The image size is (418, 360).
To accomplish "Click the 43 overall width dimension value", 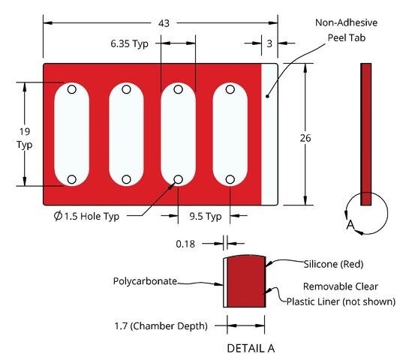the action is click(164, 23).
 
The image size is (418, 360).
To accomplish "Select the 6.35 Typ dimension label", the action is click(130, 43).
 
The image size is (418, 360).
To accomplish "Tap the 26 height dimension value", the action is click(305, 138).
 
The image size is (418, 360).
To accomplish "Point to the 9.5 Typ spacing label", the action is click(206, 216).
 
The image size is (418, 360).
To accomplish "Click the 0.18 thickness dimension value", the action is click(185, 244).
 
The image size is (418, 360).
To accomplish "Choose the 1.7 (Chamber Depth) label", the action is click(161, 326).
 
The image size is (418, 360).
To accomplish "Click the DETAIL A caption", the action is click(251, 348).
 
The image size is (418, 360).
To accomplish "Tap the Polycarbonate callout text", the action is click(145, 281).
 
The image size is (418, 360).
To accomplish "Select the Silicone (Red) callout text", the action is click(333, 264).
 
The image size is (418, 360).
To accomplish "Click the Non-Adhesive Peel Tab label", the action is click(346, 30).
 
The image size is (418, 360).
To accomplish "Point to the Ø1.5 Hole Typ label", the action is click(86, 216).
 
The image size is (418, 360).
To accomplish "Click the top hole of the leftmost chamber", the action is click(72, 89).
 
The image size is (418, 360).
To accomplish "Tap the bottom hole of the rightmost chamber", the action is click(230, 179).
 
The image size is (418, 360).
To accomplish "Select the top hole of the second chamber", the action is click(126, 89).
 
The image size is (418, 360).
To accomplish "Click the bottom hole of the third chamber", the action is click(178, 179).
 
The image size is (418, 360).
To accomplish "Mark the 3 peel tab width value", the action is click(269, 43).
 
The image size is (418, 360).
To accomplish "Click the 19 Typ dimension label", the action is click(25, 138).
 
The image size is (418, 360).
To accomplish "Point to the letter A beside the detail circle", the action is click(350, 225).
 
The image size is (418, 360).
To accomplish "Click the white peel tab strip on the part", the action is click(269, 134).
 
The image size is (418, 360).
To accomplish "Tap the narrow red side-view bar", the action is click(365, 134).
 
